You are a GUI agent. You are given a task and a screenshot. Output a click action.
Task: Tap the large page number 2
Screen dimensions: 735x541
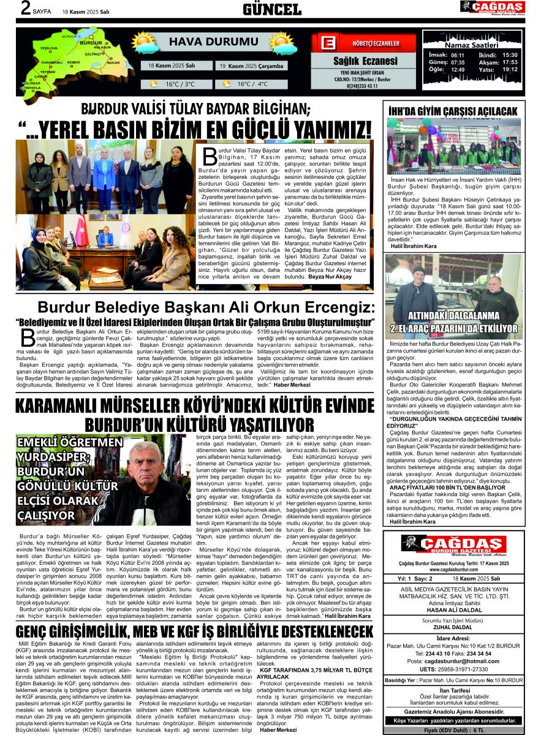click(x=26, y=8)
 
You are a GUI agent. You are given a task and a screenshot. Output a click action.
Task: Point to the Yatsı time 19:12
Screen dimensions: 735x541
click(x=510, y=69)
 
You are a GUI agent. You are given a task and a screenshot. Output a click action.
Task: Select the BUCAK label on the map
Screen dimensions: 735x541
click(x=113, y=62)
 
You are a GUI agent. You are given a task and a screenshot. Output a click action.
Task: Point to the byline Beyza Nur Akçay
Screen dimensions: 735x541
click(x=331, y=277)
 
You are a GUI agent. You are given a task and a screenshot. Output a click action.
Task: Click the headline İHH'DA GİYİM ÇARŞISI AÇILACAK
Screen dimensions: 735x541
click(x=453, y=111)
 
